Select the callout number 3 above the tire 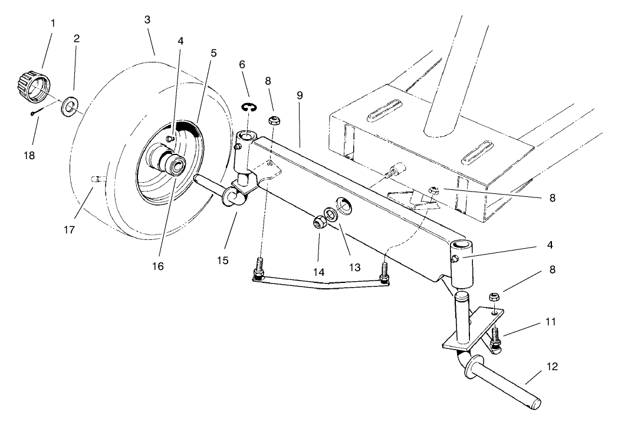[147, 19]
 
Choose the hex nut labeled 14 [320, 223]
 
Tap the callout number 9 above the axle [300, 95]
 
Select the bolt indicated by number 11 [494, 339]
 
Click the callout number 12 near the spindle [552, 367]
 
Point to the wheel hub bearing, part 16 [175, 163]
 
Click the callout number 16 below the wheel [157, 266]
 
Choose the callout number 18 [29, 156]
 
